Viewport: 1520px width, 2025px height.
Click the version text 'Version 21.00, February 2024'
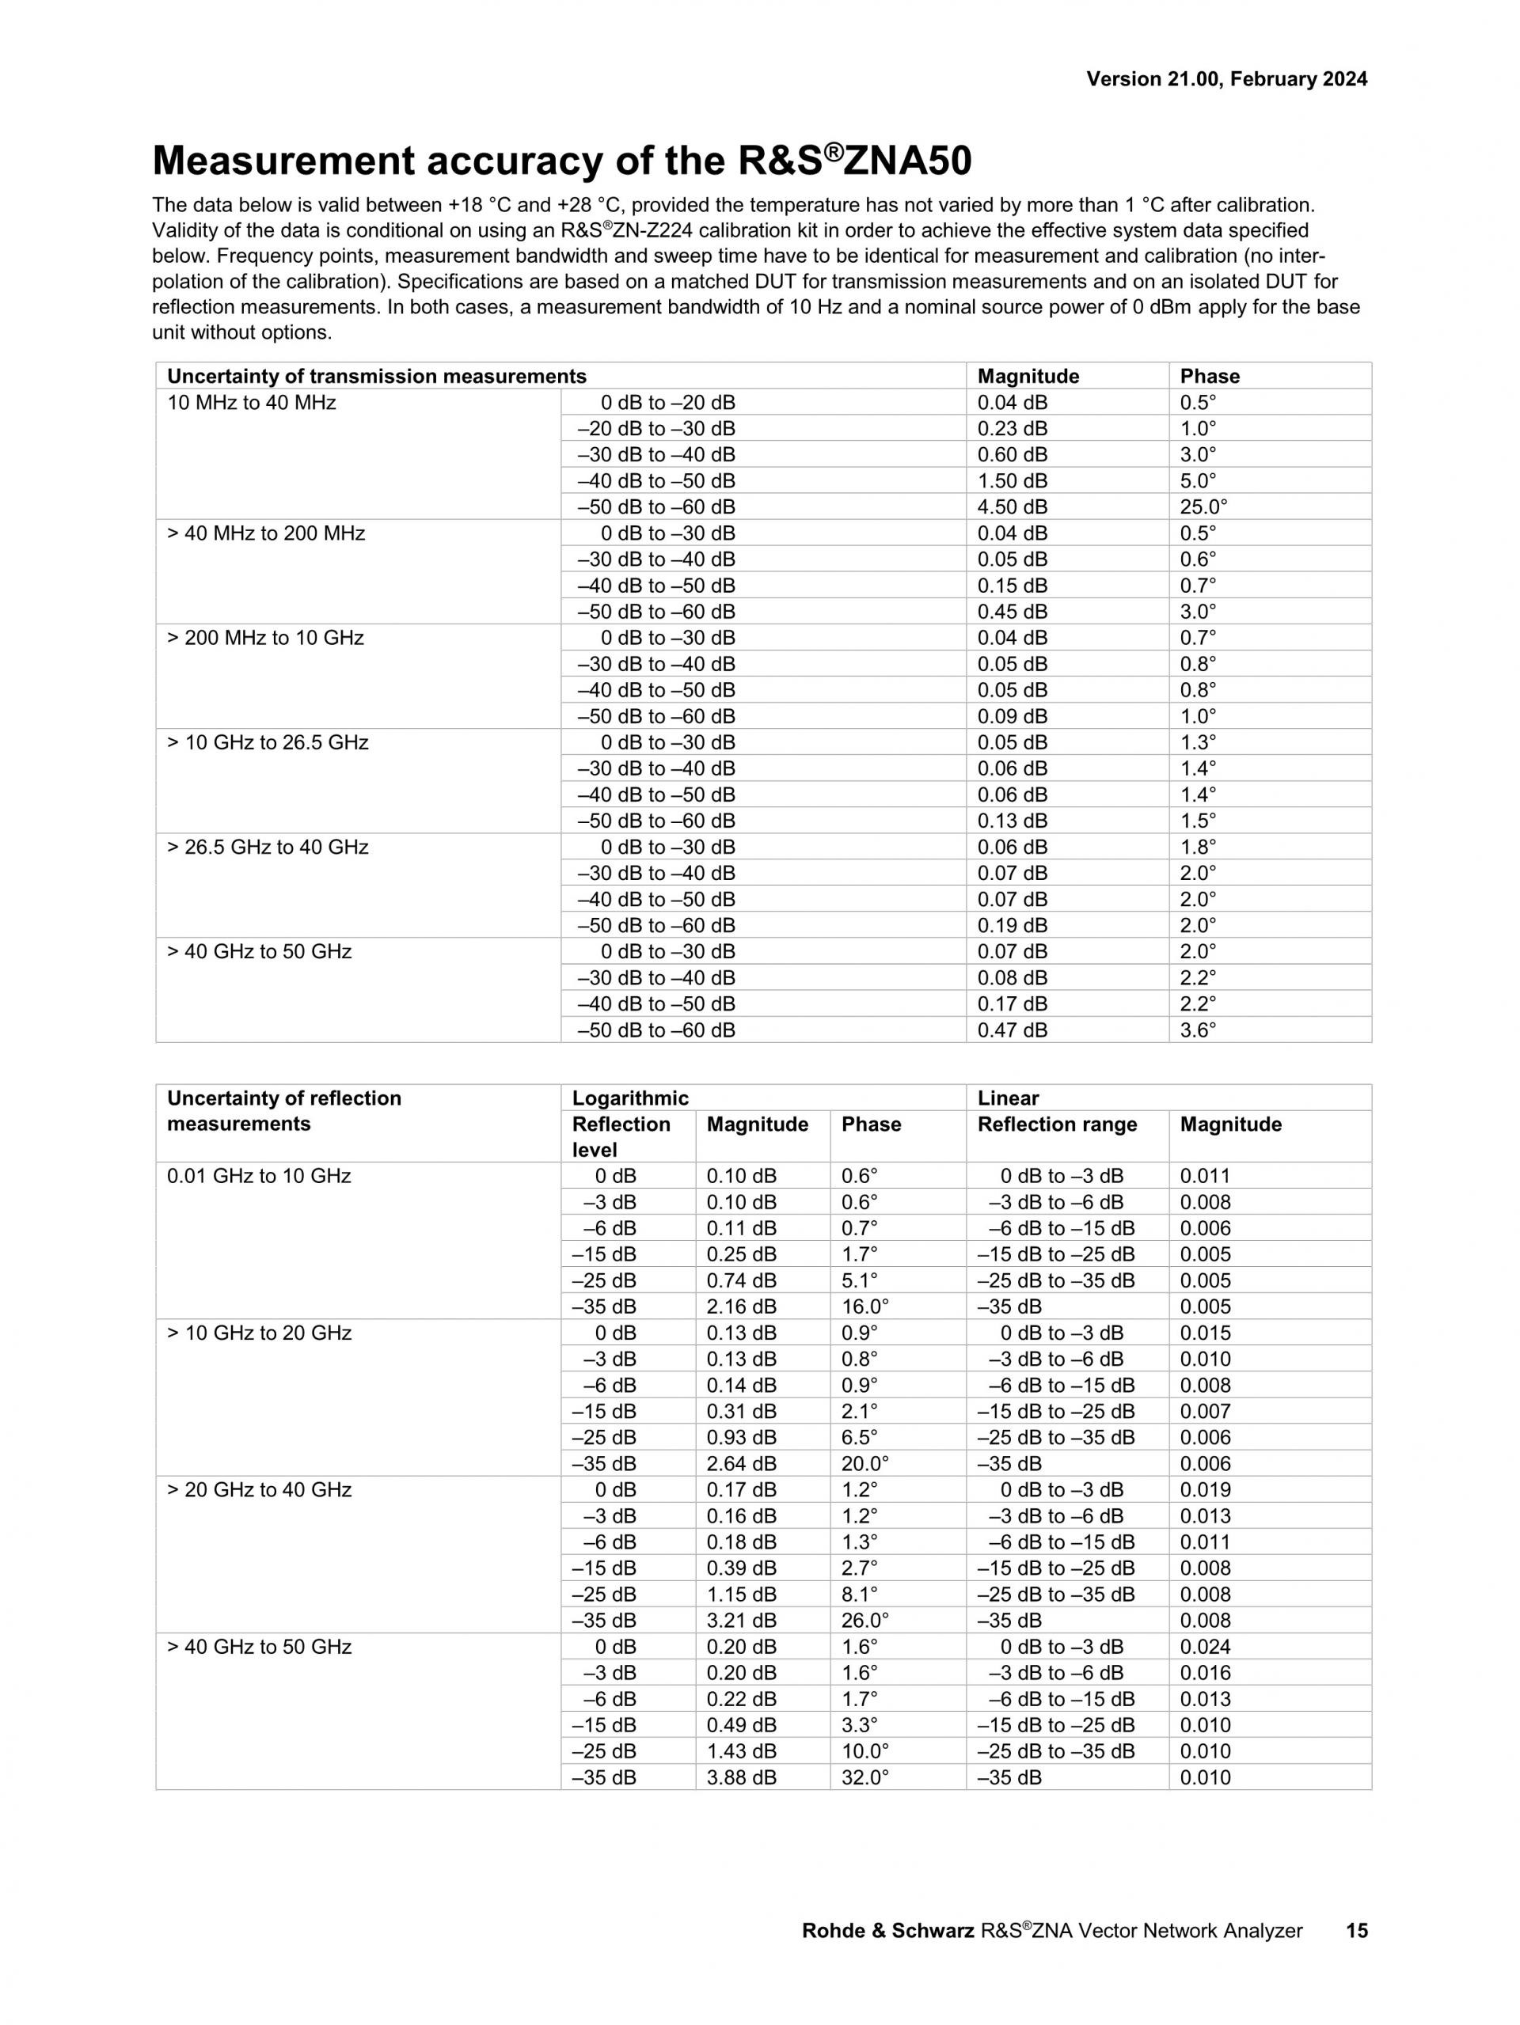click(1226, 80)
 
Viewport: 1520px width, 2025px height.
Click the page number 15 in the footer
click(1356, 1930)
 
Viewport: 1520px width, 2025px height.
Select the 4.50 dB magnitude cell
click(1012, 507)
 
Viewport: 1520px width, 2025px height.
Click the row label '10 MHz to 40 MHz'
click(251, 403)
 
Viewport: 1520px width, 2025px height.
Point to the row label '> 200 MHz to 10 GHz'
click(264, 638)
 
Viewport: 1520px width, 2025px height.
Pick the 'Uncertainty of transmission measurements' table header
click(376, 376)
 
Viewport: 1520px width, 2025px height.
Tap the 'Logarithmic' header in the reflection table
click(630, 1098)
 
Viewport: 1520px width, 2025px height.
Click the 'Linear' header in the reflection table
click(1008, 1098)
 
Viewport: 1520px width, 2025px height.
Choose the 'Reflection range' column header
click(1057, 1125)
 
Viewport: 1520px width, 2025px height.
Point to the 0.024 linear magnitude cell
click(1205, 1647)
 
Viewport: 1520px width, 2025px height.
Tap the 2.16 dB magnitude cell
click(741, 1307)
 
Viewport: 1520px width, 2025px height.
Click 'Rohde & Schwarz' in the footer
click(887, 1931)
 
